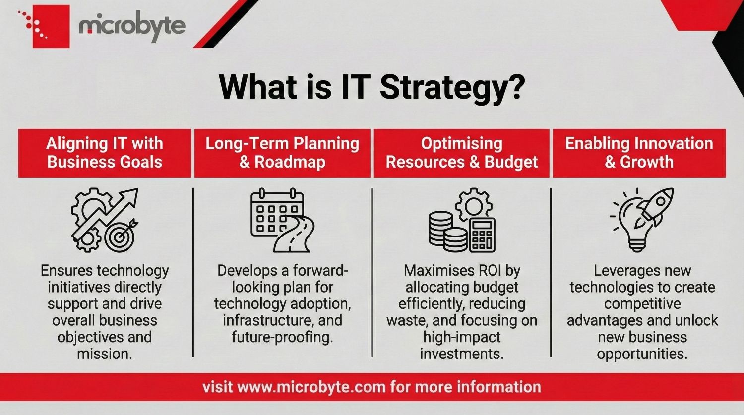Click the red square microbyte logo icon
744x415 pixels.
pos(50,26)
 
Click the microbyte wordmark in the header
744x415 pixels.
pos(132,26)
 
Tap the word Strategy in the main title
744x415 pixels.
pos(451,87)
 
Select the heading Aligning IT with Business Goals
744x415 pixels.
pos(105,153)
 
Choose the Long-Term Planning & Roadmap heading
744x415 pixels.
pos(282,153)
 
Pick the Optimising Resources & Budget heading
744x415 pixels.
pos(462,153)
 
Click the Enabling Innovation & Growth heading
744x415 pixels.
pos(639,153)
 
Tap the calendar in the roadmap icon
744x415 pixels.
pos(273,213)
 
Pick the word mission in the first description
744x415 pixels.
pos(105,354)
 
